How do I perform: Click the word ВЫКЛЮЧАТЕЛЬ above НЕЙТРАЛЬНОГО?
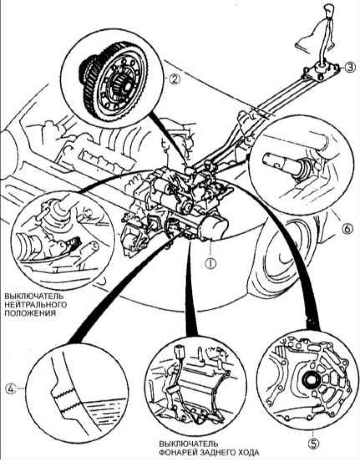pyautogui.click(x=33, y=297)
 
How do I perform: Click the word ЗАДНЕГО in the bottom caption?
pyautogui.click(x=218, y=452)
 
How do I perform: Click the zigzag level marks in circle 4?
pyautogui.click(x=66, y=398)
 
